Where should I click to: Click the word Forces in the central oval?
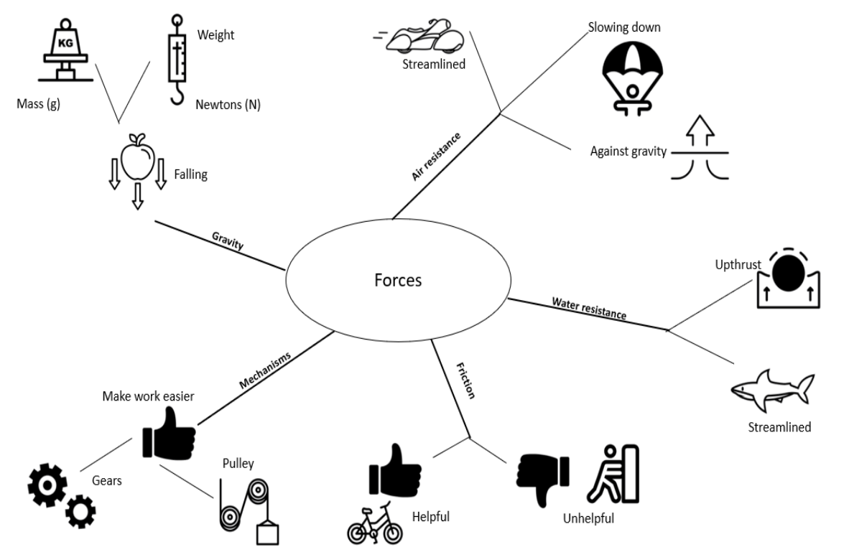pyautogui.click(x=398, y=280)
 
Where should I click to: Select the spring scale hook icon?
pyautogui.click(x=177, y=60)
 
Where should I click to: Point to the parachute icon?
pyautogui.click(x=632, y=76)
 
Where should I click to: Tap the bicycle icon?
pyautogui.click(x=375, y=523)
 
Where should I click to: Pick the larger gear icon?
pyautogui.click(x=47, y=485)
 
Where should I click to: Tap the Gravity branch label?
pyautogui.click(x=228, y=240)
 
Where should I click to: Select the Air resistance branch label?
pyautogui.click(x=436, y=156)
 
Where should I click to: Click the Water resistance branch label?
pyautogui.click(x=589, y=308)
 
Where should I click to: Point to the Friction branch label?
pyautogui.click(x=465, y=380)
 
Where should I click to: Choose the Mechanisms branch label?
pyautogui.click(x=265, y=370)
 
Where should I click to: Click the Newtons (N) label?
pyautogui.click(x=228, y=105)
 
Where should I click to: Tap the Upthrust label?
pyautogui.click(x=738, y=264)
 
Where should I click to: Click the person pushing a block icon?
pyautogui.click(x=613, y=474)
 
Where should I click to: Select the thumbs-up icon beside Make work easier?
pyautogui.click(x=169, y=434)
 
